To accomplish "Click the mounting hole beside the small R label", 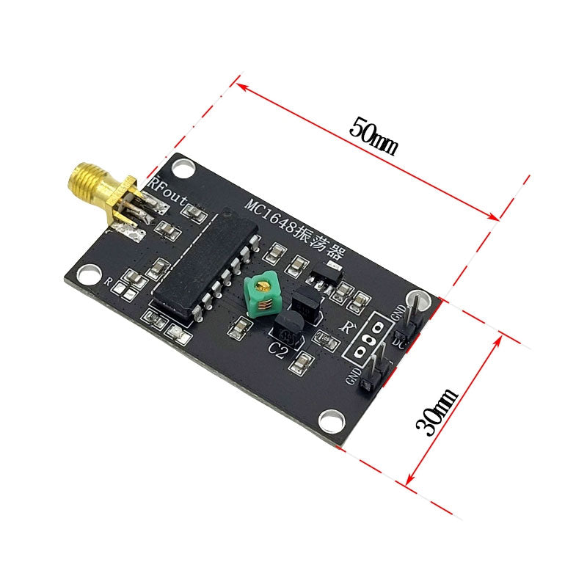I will pyautogui.click(x=87, y=273).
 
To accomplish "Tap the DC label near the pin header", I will pyautogui.click(x=400, y=341).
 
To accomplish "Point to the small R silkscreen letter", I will pyautogui.click(x=108, y=281).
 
